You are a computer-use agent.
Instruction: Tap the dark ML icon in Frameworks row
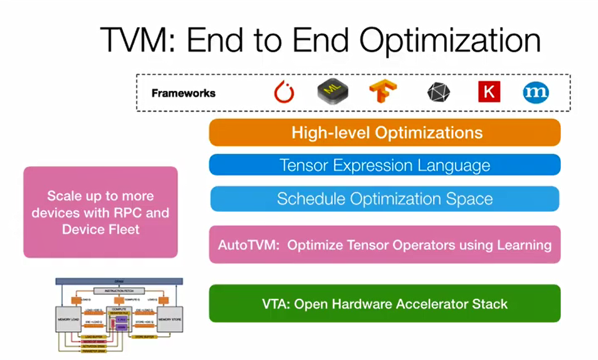pos(333,92)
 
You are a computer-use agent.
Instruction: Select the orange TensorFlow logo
pos(383,92)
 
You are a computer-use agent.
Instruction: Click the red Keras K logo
pos(489,92)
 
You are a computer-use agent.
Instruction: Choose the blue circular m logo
pos(535,92)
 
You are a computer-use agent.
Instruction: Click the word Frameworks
pos(183,93)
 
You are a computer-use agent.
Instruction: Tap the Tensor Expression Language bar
pos(384,166)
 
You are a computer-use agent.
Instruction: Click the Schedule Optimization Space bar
pos(384,199)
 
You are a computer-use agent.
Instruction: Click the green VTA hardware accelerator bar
pos(384,304)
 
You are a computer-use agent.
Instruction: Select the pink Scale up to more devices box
pos(100,212)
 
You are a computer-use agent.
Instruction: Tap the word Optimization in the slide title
pos(450,41)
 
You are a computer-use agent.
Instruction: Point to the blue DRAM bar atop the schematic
pos(119,280)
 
